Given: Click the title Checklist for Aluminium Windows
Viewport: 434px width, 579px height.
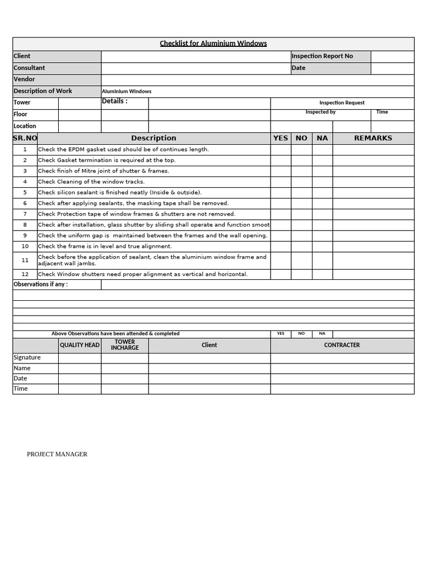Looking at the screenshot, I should tap(213, 44).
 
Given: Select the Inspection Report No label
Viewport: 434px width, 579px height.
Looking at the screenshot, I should tap(322, 56).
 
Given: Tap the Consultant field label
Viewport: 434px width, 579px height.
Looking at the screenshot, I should tap(29, 68).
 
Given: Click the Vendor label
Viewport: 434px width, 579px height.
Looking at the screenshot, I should tap(24, 79).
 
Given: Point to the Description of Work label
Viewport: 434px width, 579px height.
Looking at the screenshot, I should tap(43, 91).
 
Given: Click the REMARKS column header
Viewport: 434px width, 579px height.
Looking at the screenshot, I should tap(373, 138).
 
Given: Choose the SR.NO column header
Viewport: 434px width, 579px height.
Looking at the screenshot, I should tap(25, 138).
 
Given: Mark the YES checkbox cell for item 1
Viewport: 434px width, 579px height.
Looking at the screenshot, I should tap(281, 149).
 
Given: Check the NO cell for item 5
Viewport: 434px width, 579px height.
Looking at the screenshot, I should tap(301, 192).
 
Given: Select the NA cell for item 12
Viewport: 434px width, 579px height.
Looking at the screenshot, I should tap(322, 274).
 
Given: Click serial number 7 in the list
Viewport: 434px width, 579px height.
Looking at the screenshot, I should tap(25, 214).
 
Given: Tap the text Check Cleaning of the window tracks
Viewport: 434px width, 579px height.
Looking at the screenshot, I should tap(92, 182).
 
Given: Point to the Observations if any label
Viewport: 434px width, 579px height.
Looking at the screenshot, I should tap(41, 284).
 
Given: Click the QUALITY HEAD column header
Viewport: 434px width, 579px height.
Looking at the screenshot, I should tap(80, 345).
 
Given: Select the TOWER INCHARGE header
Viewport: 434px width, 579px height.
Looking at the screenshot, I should tap(125, 345).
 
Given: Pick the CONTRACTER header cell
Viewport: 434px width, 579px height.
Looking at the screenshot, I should tap(342, 345).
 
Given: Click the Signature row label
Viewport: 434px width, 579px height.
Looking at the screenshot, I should tap(27, 357).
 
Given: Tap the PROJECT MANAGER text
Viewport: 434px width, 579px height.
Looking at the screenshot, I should tap(57, 454).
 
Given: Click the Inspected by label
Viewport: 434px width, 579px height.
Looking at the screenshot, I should tap(320, 112).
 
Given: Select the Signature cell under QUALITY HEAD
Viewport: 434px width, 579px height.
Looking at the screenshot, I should tap(80, 357).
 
